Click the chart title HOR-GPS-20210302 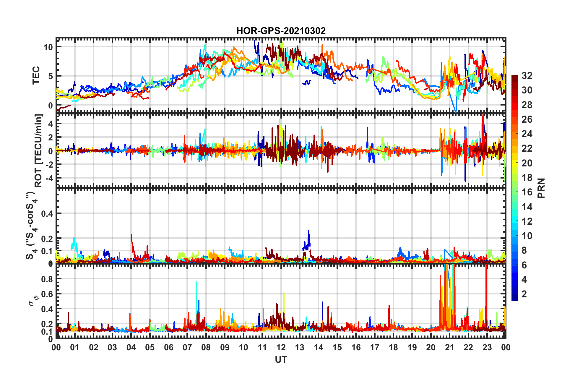pos(281,31)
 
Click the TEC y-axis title pos(36,75)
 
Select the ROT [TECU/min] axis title pos(38,150)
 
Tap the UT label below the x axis pos(281,359)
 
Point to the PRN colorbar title pos(541,188)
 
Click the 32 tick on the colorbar pos(527,76)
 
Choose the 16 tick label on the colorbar pos(527,192)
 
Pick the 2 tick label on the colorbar pos(524,294)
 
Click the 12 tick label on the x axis pos(281,347)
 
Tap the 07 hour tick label pos(187,347)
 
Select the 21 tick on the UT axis pos(449,347)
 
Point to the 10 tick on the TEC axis pos(48,47)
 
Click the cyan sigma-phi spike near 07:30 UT pos(196,283)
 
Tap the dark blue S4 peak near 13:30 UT pos(309,231)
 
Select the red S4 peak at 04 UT pos(131,235)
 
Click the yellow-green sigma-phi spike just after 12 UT pos(284,294)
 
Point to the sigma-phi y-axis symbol pos(34,299)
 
